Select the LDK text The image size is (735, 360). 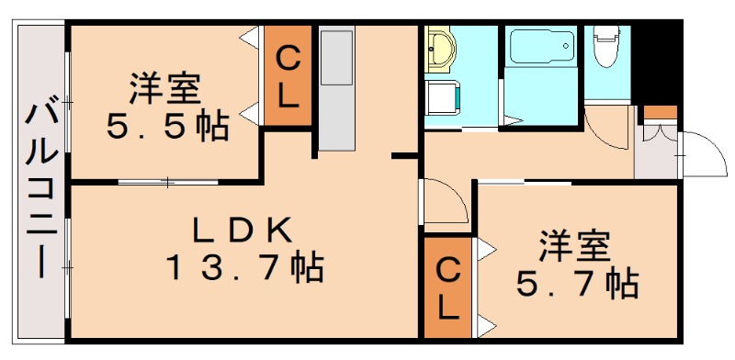point(243,228)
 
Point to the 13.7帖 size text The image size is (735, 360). point(244,268)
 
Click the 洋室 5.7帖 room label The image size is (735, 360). point(575,265)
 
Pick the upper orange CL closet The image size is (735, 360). point(288,77)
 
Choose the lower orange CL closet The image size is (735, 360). point(447,287)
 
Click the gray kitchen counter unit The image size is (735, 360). point(336,88)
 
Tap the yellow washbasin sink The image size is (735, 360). point(442,51)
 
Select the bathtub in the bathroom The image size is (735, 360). point(540,45)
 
